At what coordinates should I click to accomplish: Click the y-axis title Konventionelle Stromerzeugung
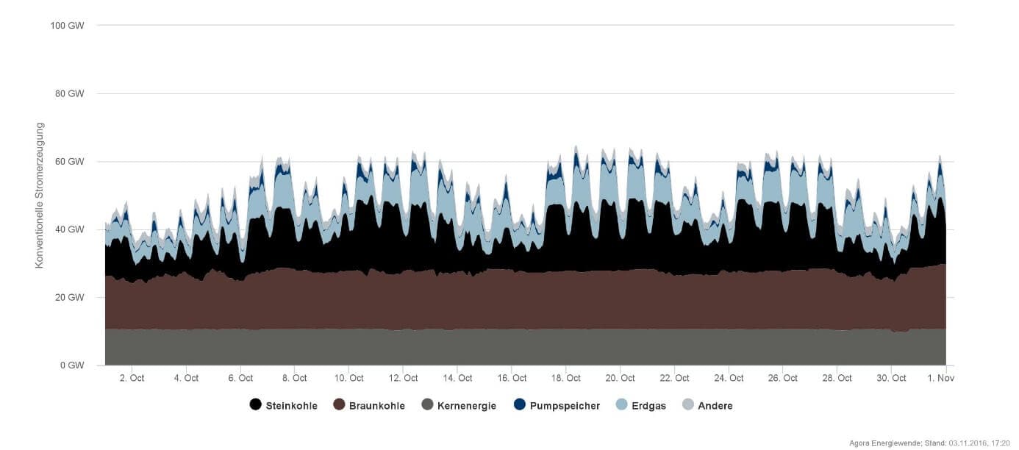[41, 196]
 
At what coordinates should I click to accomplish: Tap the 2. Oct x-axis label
[132, 378]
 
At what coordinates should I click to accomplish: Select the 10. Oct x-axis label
[348, 378]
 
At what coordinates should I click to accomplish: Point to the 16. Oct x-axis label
[512, 378]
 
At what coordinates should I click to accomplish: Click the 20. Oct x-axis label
[620, 378]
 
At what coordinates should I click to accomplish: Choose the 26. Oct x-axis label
[782, 378]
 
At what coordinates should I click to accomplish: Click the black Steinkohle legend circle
[255, 405]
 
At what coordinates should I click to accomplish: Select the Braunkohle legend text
[376, 406]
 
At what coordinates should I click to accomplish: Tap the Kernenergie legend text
[466, 406]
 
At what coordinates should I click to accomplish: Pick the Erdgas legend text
[648, 406]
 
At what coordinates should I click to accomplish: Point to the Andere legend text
[715, 406]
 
